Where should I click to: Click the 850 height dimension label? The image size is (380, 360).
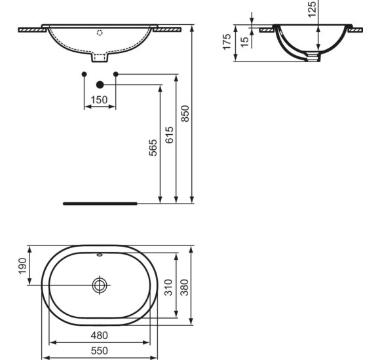pyautogui.click(x=185, y=115)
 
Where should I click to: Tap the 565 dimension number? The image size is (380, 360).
pyautogui.click(x=153, y=148)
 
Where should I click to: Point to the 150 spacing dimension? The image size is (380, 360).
pyautogui.click(x=99, y=99)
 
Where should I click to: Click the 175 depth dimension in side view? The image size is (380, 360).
pyautogui.click(x=227, y=43)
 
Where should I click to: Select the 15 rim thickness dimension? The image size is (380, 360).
pyautogui.click(x=244, y=41)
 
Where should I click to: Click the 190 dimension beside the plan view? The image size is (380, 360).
pyautogui.click(x=21, y=266)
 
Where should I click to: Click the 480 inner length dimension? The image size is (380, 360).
pyautogui.click(x=99, y=335)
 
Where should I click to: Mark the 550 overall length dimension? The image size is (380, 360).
pyautogui.click(x=99, y=351)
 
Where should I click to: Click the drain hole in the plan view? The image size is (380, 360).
pyautogui.click(x=100, y=285)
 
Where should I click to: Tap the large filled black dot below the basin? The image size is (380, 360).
pyautogui.click(x=100, y=84)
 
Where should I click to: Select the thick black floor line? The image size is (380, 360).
pyautogui.click(x=100, y=204)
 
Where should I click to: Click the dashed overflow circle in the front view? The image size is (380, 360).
pyautogui.click(x=100, y=31)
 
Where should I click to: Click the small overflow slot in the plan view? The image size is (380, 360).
pyautogui.click(x=100, y=255)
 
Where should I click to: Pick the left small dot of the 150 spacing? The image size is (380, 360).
pyautogui.click(x=83, y=74)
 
